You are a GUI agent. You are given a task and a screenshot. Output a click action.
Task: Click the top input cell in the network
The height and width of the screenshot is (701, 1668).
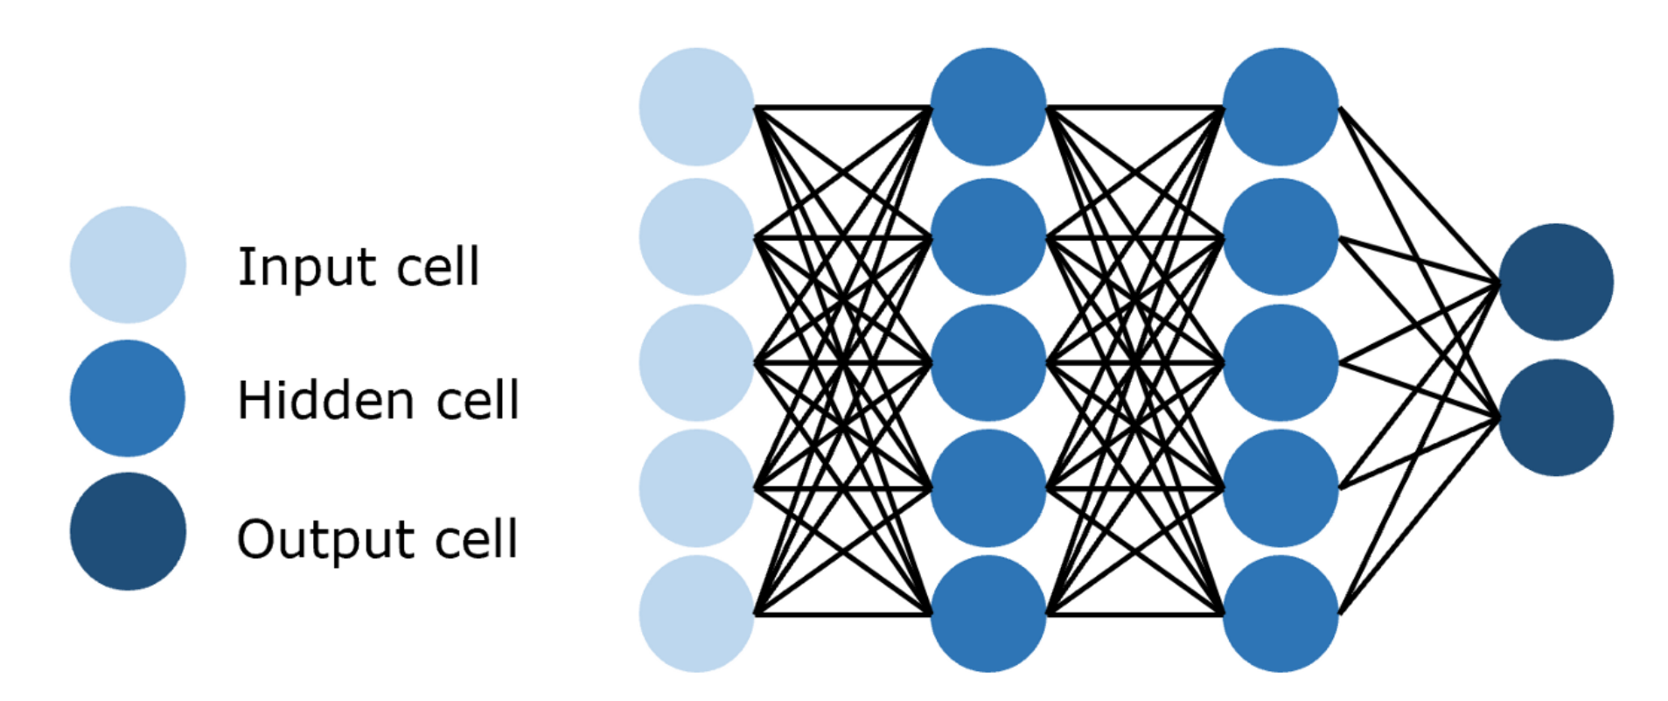click(x=696, y=106)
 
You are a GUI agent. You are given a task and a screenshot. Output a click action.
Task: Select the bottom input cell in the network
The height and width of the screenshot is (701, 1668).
click(x=696, y=613)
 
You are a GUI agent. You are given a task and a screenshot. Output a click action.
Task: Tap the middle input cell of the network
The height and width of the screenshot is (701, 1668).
click(x=696, y=361)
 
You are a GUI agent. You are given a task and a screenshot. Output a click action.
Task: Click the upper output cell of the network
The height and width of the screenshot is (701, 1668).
click(x=1555, y=282)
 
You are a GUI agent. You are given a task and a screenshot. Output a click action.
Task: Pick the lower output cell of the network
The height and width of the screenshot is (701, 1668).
click(x=1555, y=417)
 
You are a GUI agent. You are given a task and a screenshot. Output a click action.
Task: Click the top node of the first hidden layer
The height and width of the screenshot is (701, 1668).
click(x=988, y=106)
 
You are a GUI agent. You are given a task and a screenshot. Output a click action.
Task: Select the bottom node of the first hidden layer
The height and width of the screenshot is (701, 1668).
click(x=988, y=613)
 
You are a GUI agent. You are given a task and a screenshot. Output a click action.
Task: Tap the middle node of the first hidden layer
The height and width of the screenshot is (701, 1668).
click(x=988, y=361)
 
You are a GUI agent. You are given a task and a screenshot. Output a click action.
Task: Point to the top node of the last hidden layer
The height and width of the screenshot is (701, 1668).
click(x=1281, y=106)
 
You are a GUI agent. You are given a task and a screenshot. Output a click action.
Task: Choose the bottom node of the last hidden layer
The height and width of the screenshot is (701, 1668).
click(x=1281, y=613)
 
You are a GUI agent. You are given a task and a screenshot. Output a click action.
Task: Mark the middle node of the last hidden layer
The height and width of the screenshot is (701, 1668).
click(x=1281, y=361)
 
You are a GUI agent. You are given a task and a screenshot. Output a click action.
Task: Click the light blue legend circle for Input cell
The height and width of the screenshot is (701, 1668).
click(x=128, y=264)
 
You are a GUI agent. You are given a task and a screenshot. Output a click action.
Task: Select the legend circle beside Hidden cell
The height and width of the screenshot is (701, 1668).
click(x=128, y=398)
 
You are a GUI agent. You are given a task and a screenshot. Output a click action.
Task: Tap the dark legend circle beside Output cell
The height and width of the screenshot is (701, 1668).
click(x=128, y=531)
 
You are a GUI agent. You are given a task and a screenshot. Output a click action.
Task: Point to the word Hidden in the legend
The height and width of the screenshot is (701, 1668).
click(x=325, y=401)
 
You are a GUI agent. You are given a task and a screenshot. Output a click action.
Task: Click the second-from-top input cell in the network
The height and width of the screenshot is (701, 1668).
click(x=696, y=236)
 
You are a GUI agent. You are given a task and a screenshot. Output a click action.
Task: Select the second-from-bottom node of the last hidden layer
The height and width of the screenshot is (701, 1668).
click(x=1281, y=487)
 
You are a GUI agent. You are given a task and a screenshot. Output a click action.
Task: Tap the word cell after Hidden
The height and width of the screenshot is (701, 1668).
click(x=477, y=401)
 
